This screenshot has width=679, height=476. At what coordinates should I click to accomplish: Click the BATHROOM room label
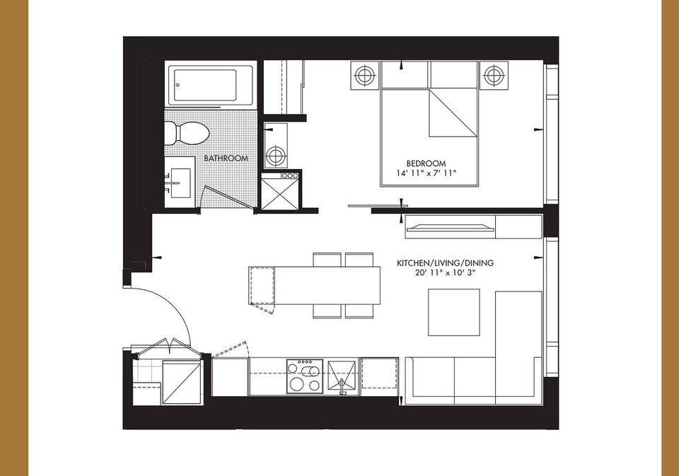click(226, 158)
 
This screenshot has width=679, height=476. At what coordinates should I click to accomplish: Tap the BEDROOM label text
click(426, 163)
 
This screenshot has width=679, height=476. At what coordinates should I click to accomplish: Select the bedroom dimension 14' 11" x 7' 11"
click(426, 173)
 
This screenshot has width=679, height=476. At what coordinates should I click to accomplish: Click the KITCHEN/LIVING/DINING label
click(445, 263)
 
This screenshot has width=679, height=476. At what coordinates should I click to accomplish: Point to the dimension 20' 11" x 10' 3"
click(445, 272)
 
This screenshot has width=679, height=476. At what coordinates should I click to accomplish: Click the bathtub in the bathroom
click(211, 86)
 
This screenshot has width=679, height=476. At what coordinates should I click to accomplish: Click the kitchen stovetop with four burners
click(305, 376)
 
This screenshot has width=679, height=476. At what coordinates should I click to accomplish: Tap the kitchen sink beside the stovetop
click(342, 377)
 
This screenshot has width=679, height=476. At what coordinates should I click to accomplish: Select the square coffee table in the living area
click(454, 313)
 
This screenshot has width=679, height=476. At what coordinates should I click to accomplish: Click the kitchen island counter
click(315, 286)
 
